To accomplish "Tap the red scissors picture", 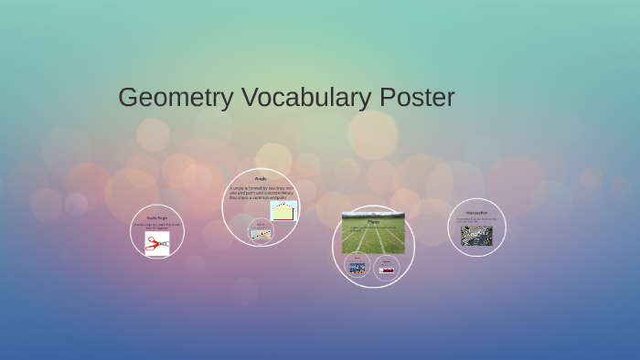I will (x=156, y=243).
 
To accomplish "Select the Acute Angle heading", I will (x=157, y=217).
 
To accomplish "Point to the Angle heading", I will (x=260, y=178).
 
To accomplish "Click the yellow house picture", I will (x=283, y=211).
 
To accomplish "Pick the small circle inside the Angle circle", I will (x=261, y=231).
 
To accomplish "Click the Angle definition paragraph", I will (x=258, y=193).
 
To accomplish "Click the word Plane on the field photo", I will (x=373, y=221).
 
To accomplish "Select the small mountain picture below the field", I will (x=357, y=268).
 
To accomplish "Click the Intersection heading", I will (x=476, y=212).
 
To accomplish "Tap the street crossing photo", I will (x=476, y=236).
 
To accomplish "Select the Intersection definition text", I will (x=476, y=219).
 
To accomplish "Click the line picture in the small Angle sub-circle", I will (x=261, y=234).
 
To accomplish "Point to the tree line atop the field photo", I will (x=373, y=216).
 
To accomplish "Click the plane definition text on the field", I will (x=373, y=228).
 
